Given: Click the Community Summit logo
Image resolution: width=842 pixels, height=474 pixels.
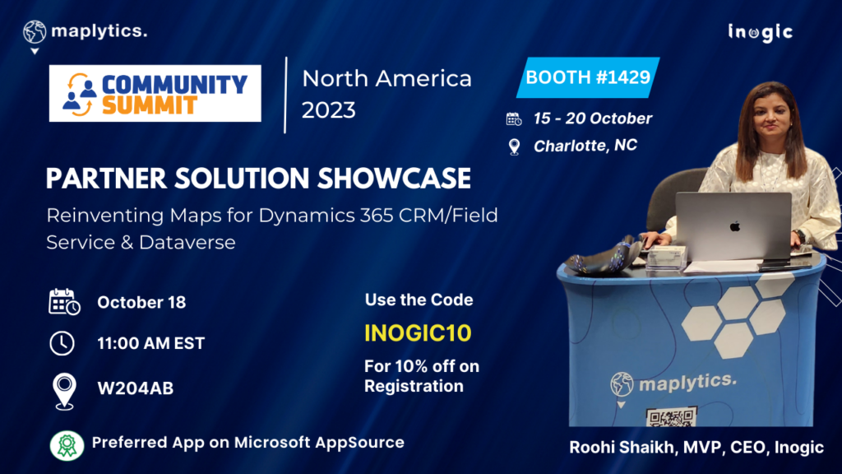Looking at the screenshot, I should click(155, 93).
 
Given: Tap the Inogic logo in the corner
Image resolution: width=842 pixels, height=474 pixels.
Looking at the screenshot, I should click(760, 32).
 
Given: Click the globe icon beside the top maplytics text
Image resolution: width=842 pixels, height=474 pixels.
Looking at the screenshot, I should click(35, 32).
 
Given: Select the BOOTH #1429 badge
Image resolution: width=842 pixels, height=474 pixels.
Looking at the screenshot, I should click(588, 78).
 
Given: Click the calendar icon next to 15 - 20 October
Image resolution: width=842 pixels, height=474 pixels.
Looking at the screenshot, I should click(514, 118).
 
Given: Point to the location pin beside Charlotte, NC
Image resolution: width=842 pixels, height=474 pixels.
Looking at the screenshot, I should click(515, 146).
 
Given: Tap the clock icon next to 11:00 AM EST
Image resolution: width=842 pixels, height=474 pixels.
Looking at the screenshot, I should click(62, 343).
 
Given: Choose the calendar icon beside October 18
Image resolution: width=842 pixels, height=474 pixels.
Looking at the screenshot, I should click(63, 302).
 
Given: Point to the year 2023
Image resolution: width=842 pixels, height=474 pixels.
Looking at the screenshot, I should click(329, 109).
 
